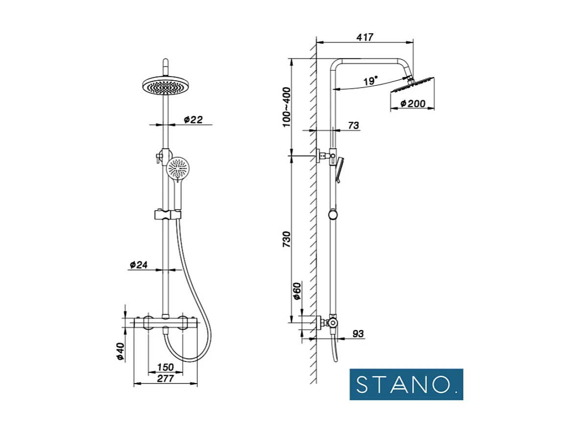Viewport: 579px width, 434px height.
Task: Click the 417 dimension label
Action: click(365, 37)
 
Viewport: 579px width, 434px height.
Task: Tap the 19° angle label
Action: click(371, 81)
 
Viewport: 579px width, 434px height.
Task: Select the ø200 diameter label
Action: click(412, 103)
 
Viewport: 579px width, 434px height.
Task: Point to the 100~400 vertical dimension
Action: click(287, 107)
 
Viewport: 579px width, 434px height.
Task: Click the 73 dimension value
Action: click(353, 125)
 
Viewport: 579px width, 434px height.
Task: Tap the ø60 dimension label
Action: click(297, 290)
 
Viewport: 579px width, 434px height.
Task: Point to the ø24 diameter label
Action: click(139, 265)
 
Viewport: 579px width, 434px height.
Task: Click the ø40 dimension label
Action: click(119, 351)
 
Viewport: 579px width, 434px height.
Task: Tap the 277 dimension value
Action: click(165, 378)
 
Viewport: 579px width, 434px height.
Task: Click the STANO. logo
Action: click(406, 385)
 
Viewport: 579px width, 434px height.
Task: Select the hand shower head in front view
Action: click(177, 169)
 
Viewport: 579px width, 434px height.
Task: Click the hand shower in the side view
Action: click(340, 169)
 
